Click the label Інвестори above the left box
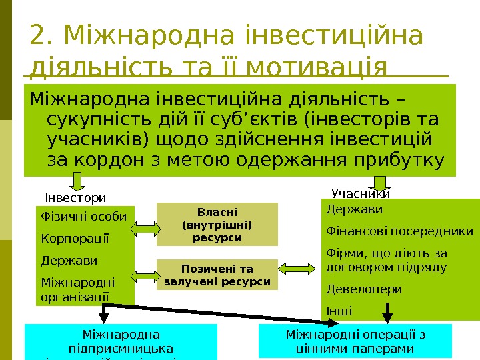75,198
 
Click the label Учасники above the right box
360,194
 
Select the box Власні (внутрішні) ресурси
217,224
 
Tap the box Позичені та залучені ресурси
217,275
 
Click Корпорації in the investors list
65,238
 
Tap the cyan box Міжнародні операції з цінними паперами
355,341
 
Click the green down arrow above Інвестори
77,181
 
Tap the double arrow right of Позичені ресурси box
291,268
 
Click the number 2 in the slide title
37,37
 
